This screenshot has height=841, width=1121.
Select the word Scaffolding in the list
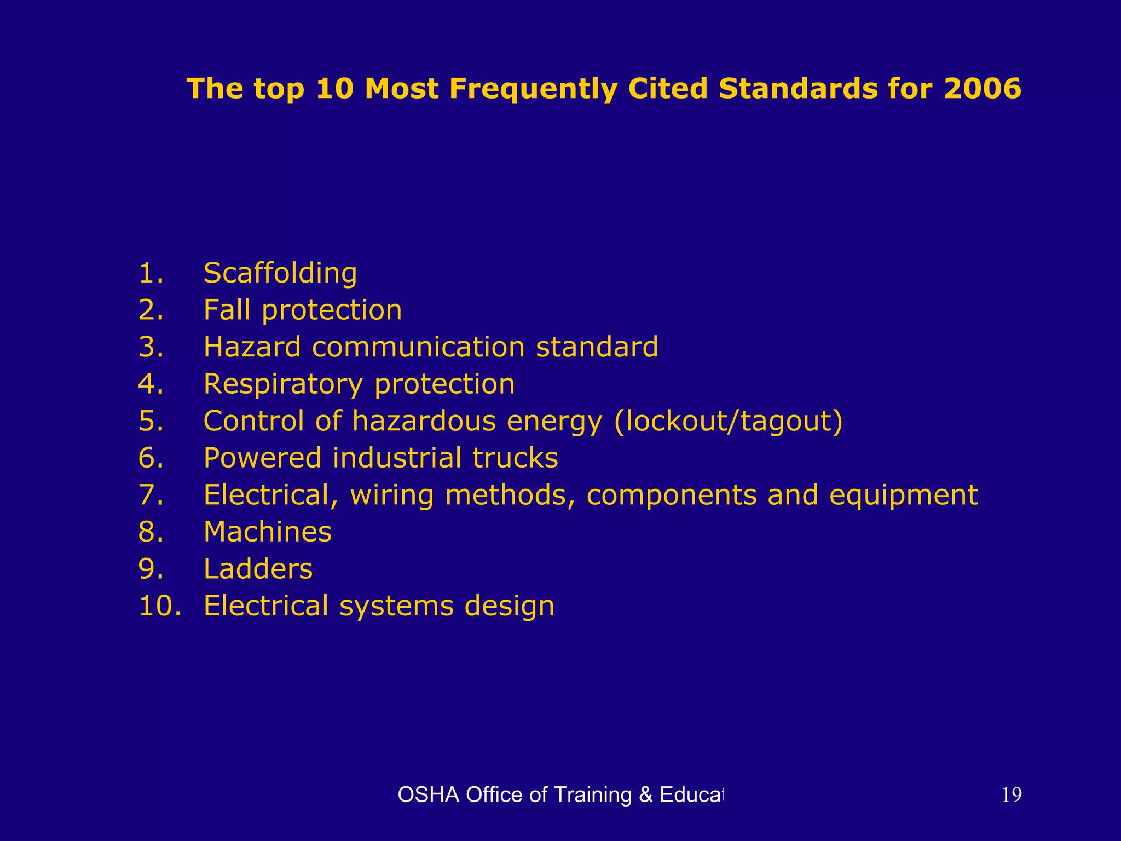pyautogui.click(x=280, y=273)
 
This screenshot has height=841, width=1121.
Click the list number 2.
pyautogui.click(x=151, y=310)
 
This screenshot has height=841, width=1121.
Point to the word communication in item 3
pyautogui.click(x=419, y=347)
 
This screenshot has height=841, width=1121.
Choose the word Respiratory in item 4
pyautogui.click(x=283, y=384)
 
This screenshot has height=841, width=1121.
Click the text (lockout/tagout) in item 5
pyautogui.click(x=729, y=422)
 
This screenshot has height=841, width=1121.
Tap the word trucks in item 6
pyautogui.click(x=515, y=458)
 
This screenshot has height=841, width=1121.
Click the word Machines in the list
pyautogui.click(x=267, y=532)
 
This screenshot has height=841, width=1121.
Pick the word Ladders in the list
pyautogui.click(x=258, y=569)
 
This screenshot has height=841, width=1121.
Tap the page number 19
pyautogui.click(x=1012, y=795)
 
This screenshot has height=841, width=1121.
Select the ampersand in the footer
pyautogui.click(x=646, y=795)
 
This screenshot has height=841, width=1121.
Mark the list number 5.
pyautogui.click(x=151, y=422)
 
